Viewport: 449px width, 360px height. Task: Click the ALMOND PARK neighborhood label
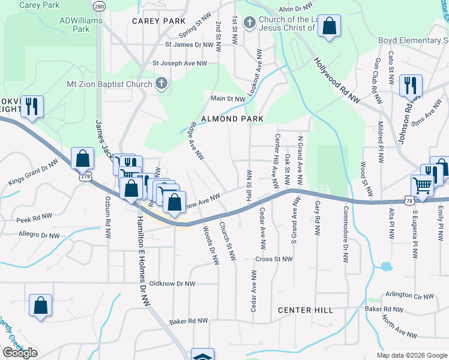[x=232, y=119]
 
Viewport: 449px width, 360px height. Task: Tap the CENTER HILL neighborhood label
[x=306, y=310]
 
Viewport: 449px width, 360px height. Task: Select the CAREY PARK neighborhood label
[x=159, y=21]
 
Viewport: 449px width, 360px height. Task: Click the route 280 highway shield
[x=99, y=6]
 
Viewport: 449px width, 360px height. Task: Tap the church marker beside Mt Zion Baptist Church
[x=161, y=84]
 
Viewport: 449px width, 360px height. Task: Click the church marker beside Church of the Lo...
[x=250, y=23]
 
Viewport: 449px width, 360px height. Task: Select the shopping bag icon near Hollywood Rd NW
[x=329, y=26]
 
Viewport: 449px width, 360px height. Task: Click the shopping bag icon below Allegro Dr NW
[x=40, y=305]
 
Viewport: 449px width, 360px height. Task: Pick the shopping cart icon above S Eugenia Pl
[x=423, y=185]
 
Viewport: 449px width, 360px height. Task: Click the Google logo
[x=20, y=353]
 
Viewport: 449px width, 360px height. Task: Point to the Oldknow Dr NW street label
[x=172, y=283]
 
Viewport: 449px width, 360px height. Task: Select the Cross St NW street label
[x=273, y=259]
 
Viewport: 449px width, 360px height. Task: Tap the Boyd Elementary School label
[x=413, y=40]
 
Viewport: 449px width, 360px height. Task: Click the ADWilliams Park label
[x=81, y=24]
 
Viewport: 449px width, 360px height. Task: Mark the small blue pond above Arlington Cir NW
[x=385, y=266]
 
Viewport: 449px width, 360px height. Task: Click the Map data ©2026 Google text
[x=411, y=355]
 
